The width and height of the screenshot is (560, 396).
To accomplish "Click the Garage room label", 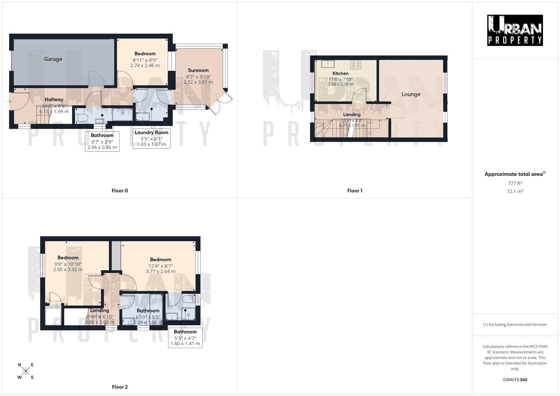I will (53, 59).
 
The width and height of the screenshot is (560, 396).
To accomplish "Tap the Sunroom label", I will (198, 70).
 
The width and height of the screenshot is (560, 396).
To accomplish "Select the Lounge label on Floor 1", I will (411, 94).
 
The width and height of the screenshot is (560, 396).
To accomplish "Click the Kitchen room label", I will (340, 73).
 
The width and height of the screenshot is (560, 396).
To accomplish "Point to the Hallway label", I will (54, 99).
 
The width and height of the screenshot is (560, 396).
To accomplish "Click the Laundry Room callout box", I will (151, 138).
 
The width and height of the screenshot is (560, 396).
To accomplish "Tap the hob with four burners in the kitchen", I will (355, 65).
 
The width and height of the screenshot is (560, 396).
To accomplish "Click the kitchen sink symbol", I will (327, 64).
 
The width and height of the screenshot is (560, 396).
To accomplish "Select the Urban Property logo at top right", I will (515, 30).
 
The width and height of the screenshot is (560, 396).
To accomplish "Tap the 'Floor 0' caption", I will (120, 191).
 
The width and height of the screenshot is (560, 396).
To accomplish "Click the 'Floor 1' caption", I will (355, 191).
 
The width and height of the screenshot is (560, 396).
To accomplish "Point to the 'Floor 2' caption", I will (120, 387).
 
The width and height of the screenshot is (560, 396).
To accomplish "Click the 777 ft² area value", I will (515, 183).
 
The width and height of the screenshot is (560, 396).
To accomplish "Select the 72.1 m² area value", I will (515, 191).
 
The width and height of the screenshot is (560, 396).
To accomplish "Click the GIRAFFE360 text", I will (515, 380).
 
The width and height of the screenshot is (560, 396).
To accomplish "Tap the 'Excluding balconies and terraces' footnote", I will (515, 324).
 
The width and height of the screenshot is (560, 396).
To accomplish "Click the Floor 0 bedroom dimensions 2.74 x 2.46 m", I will (145, 66).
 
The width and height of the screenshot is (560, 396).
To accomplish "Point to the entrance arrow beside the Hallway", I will (9, 102).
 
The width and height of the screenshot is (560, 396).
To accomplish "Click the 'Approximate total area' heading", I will (514, 174).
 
